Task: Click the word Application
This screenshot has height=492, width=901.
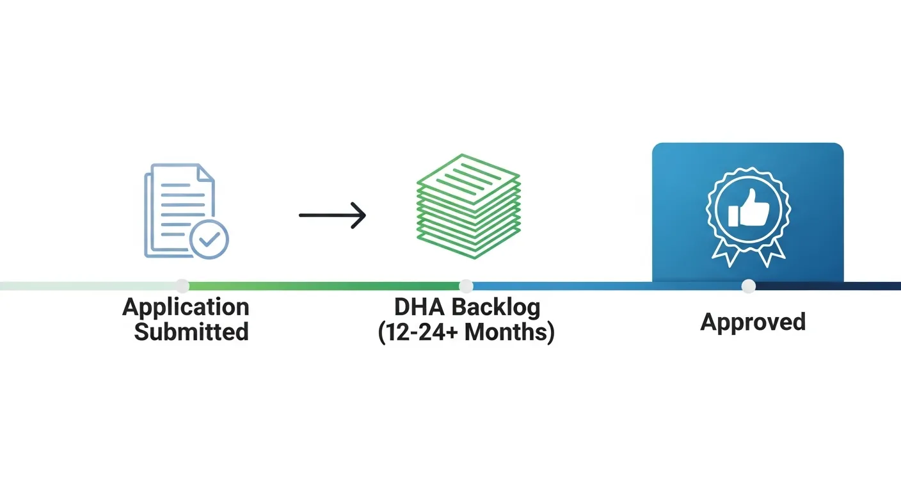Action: pos(186,307)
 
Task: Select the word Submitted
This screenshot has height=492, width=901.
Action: pos(191,332)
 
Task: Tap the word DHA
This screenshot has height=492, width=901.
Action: pos(420,307)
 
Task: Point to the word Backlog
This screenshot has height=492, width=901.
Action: pos(497,308)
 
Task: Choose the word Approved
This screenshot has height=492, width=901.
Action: pos(753,322)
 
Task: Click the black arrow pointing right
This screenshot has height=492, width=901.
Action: pos(332,215)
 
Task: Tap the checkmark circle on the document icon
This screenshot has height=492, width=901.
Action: pos(209,240)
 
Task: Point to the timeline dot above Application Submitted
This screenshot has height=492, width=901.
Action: pos(182,286)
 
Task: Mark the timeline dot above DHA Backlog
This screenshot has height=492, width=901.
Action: pos(466,286)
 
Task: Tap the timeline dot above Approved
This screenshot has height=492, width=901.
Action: pos(748,286)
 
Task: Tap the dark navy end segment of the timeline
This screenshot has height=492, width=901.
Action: pos(832,286)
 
